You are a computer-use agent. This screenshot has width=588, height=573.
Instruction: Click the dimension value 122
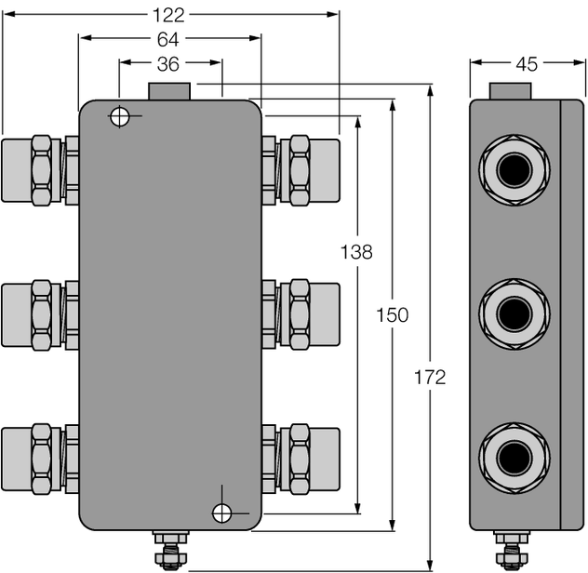169,14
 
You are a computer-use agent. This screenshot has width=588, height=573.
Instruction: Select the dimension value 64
168,39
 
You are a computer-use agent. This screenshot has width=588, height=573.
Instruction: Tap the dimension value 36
169,63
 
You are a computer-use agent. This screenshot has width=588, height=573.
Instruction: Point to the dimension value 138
356,251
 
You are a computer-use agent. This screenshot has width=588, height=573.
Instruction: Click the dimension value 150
392,315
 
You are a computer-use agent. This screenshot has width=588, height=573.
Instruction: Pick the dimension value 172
429,377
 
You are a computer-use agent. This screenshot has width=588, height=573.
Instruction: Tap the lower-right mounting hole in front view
221,513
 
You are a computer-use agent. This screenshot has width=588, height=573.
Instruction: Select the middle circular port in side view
514,314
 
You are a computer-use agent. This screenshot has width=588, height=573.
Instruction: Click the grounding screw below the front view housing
169,550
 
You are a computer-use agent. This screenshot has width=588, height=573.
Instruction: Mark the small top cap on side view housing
512,91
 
